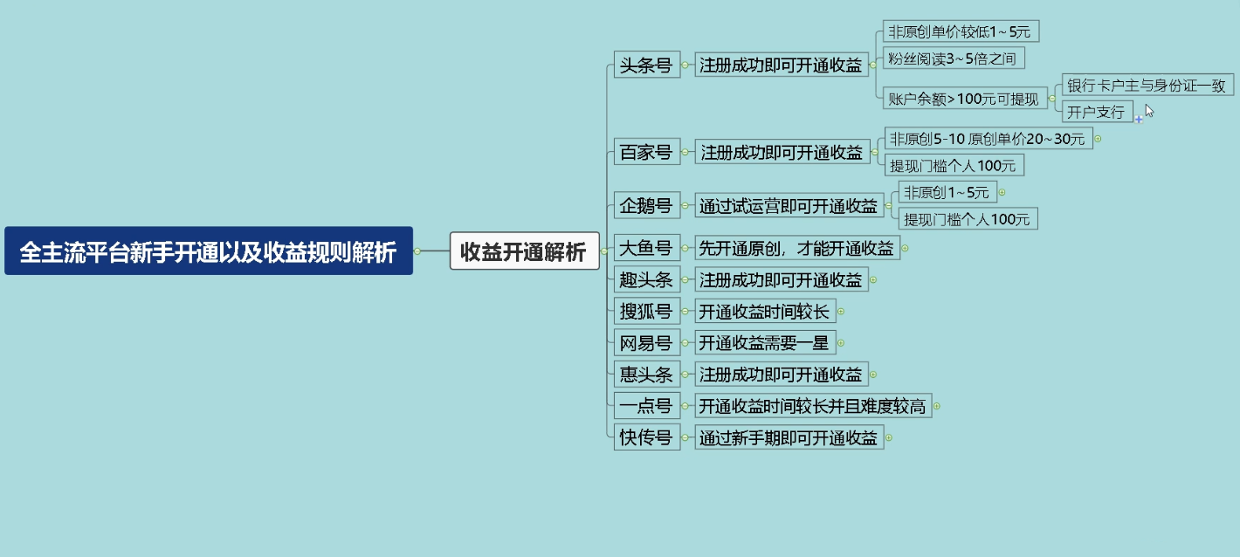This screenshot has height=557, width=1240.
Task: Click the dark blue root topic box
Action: pyautogui.click(x=209, y=251)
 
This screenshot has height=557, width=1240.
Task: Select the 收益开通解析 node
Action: pyautogui.click(x=524, y=251)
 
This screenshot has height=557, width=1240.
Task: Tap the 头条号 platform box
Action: pyautogui.click(x=646, y=65)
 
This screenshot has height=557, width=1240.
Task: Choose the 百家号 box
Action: pyautogui.click(x=646, y=152)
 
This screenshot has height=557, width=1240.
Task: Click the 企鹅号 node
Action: pyautogui.click(x=646, y=205)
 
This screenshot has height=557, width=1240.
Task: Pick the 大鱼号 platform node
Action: pyautogui.click(x=646, y=247)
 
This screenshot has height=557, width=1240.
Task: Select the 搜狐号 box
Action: pyautogui.click(x=646, y=311)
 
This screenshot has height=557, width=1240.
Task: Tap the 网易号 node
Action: pyautogui.click(x=646, y=343)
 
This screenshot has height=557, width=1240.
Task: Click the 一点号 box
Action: pyautogui.click(x=646, y=406)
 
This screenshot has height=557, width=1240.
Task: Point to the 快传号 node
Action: pyautogui.click(x=646, y=437)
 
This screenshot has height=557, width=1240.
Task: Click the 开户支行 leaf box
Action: pyautogui.click(x=1097, y=112)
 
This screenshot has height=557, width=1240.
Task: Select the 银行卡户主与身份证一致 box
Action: pyautogui.click(x=1147, y=85)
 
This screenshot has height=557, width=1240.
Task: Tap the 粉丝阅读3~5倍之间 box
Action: pyautogui.click(x=954, y=58)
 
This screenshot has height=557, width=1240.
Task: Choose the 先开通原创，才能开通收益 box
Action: pyautogui.click(x=797, y=247)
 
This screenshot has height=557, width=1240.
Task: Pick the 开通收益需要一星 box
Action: pyautogui.click(x=765, y=343)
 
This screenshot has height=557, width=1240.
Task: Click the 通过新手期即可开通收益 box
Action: pyautogui.click(x=789, y=437)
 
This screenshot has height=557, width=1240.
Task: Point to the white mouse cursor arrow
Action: pyautogui.click(x=1149, y=110)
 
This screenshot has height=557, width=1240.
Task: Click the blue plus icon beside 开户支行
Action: pyautogui.click(x=1139, y=119)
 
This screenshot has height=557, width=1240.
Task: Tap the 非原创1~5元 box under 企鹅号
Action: pyautogui.click(x=947, y=192)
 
